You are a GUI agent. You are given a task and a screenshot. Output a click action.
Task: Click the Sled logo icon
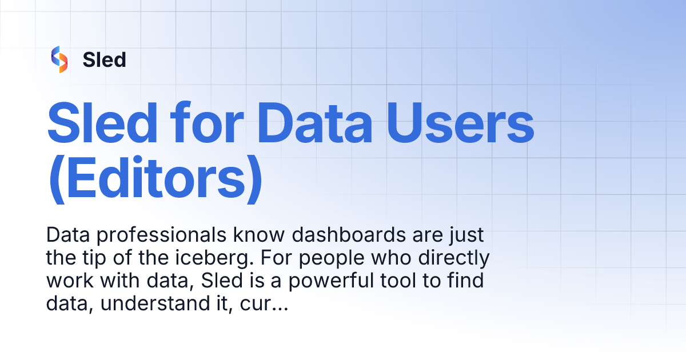59,59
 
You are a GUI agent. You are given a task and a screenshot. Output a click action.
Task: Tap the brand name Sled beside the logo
104,59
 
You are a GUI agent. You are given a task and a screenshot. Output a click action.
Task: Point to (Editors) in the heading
155,178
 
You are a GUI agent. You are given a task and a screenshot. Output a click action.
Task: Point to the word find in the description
468,282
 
